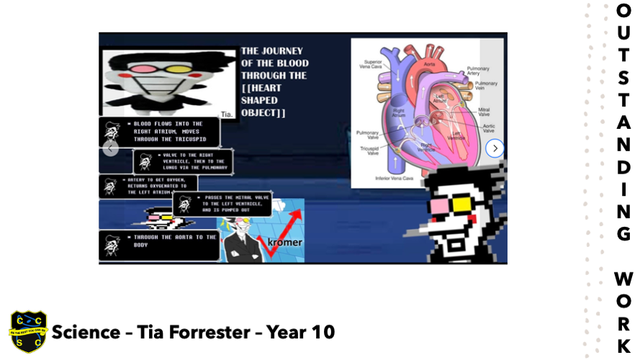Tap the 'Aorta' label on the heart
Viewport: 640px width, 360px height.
pyautogui.click(x=429, y=63)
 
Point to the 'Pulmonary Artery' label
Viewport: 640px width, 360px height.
pyautogui.click(x=478, y=71)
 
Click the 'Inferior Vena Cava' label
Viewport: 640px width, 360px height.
pyautogui.click(x=393, y=178)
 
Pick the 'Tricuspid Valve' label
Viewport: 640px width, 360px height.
pyautogui.click(x=369, y=150)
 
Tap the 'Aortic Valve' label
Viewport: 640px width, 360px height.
pyautogui.click(x=488, y=128)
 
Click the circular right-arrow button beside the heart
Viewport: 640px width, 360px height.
pyautogui.click(x=495, y=148)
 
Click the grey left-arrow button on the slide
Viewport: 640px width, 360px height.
pyautogui.click(x=110, y=149)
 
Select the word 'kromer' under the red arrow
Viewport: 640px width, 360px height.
pyautogui.click(x=284, y=242)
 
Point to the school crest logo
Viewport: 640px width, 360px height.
pyautogui.click(x=27, y=332)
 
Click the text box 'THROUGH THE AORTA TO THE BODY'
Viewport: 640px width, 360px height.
pyautogui.click(x=160, y=245)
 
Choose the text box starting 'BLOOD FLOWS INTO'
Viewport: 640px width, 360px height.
pyautogui.click(x=159, y=131)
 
